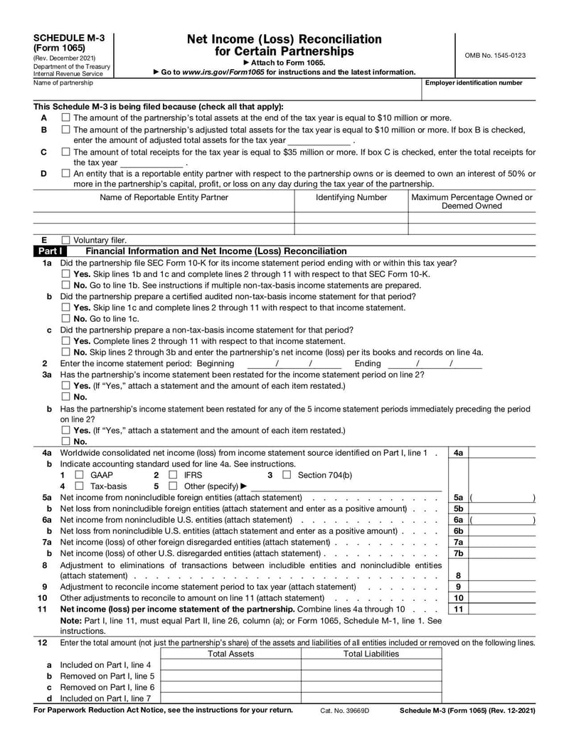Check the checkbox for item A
click(x=65, y=117)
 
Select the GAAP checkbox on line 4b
click(x=80, y=475)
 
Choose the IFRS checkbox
click(x=173, y=475)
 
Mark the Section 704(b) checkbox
click(x=287, y=475)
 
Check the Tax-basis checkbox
click(x=80, y=486)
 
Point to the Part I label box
click(x=51, y=251)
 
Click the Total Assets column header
click(x=230, y=654)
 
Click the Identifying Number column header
click(x=351, y=197)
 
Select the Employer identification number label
click(x=474, y=83)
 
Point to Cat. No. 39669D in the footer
click(x=344, y=711)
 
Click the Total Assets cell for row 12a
click(x=230, y=666)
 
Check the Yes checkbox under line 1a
click(x=65, y=274)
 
